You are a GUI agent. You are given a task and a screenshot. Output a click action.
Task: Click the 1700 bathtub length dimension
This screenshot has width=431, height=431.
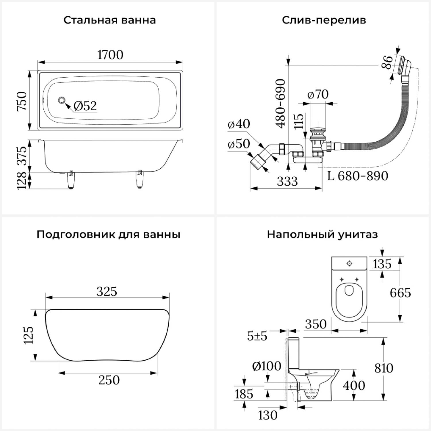(x=110, y=55)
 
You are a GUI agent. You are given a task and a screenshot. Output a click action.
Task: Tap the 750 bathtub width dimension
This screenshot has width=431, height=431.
(x=22, y=101)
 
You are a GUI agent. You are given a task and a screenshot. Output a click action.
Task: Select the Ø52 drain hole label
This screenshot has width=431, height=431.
(x=85, y=106)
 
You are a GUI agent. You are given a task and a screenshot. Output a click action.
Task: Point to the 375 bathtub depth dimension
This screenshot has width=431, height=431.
(x=22, y=155)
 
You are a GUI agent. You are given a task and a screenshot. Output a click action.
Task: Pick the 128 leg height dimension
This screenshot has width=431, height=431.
(x=22, y=180)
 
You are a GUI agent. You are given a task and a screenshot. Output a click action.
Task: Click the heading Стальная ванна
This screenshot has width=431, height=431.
(x=109, y=20)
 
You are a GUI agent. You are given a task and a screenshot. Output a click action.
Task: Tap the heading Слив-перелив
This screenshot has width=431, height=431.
(x=324, y=20)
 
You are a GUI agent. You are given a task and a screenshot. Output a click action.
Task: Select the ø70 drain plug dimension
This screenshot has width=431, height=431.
(x=318, y=94)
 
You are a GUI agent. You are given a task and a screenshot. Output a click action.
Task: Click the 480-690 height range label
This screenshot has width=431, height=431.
(x=280, y=103)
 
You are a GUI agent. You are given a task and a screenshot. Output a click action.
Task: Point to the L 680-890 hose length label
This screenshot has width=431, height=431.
(x=358, y=176)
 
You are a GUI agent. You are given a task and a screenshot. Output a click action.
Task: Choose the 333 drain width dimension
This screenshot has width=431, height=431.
(x=287, y=181)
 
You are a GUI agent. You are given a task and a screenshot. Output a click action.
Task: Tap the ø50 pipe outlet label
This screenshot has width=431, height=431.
(x=238, y=144)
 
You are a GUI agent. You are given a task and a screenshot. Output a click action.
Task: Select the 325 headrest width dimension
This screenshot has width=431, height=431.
(x=107, y=291)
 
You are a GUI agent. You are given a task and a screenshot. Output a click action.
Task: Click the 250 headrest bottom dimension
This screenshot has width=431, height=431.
(x=109, y=380)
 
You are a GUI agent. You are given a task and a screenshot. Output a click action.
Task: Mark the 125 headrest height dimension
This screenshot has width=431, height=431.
(x=29, y=335)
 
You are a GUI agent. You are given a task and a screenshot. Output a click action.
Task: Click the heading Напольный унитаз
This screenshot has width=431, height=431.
(x=322, y=234)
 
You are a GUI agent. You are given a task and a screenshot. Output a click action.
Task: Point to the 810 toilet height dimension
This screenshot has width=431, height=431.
(x=384, y=368)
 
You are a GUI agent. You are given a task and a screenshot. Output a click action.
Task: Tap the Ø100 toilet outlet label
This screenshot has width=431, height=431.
(x=266, y=366)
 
